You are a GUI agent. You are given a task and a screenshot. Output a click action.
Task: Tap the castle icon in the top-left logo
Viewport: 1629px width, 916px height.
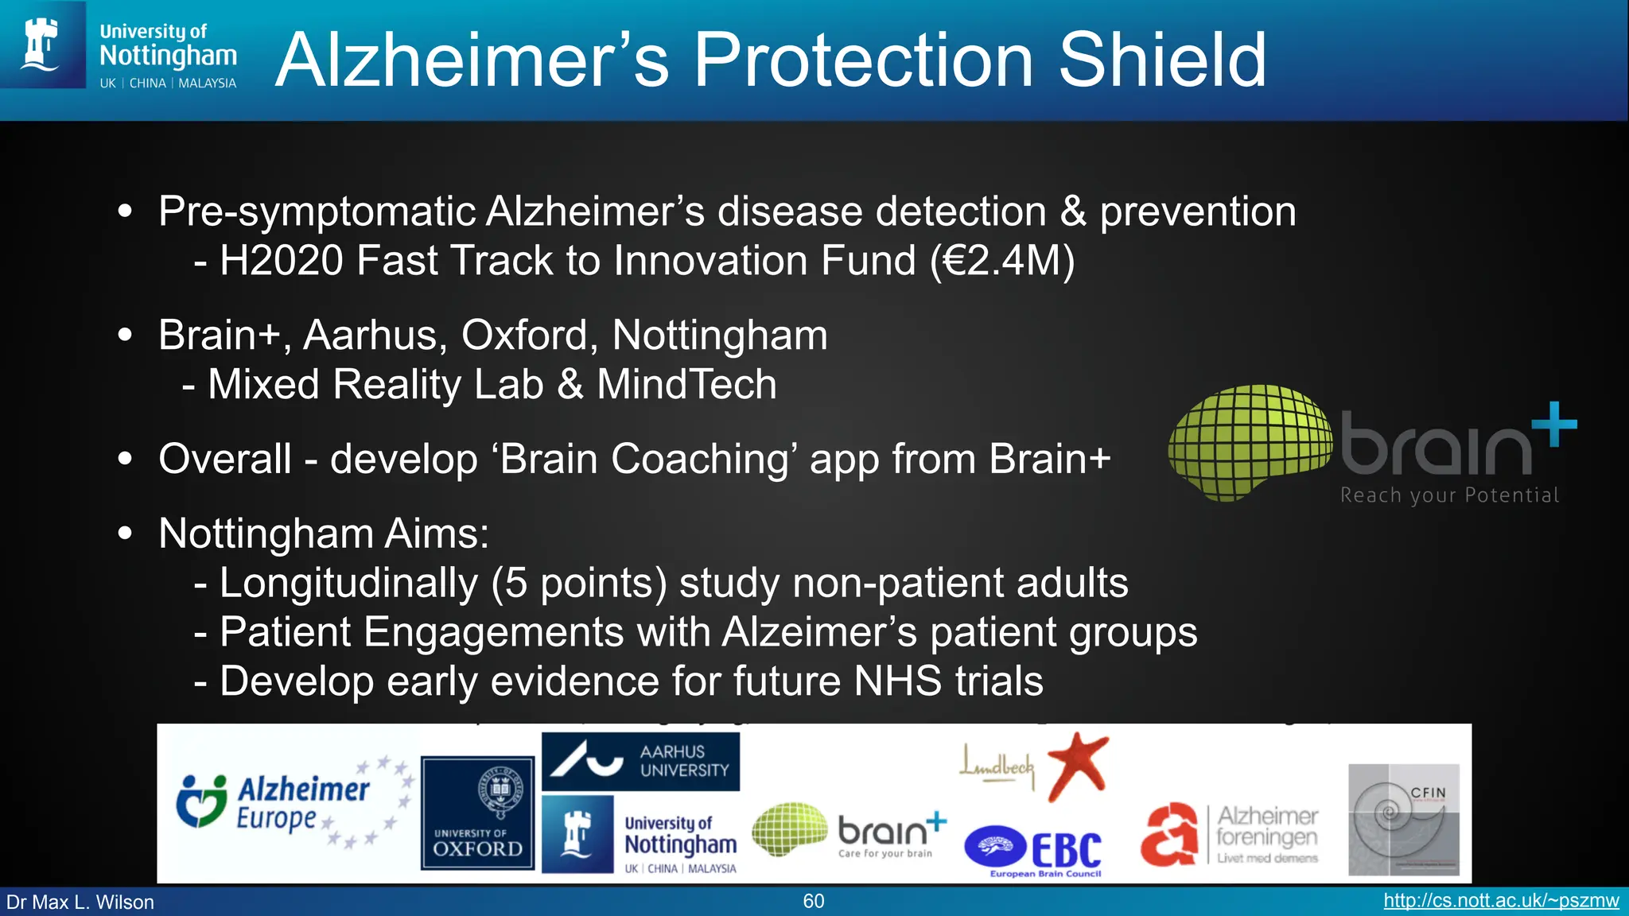41,45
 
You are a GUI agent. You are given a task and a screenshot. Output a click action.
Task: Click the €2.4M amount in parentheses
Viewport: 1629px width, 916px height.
1003,261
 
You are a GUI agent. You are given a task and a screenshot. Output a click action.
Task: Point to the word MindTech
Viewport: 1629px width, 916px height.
686,385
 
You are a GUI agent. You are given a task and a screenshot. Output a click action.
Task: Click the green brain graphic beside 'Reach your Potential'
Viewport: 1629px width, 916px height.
1249,441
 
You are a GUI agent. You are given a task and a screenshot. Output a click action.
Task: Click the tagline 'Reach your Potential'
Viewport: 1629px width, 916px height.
1449,495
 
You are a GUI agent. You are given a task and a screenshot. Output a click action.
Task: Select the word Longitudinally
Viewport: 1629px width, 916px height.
348,583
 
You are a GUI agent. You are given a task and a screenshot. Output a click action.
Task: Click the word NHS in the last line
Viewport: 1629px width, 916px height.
898,681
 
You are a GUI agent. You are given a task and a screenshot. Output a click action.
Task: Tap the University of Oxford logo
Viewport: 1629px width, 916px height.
477,813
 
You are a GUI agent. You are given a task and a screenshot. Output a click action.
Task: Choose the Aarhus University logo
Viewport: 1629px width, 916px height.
640,761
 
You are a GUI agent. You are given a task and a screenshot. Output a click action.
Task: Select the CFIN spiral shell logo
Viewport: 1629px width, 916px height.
1403,820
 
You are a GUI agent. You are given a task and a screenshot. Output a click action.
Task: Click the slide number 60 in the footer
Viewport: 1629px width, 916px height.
814,901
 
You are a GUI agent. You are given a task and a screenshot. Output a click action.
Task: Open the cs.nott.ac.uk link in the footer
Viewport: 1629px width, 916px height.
1501,901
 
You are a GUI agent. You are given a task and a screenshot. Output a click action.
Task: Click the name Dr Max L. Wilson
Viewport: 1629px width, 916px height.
80,902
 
